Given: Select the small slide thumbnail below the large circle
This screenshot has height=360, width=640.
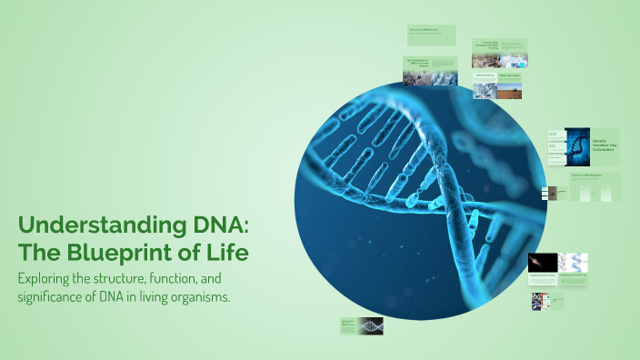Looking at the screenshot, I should (361, 325).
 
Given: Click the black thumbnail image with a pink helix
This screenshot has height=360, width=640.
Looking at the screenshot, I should (542, 263).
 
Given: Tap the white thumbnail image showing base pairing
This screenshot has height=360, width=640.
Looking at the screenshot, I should (573, 263).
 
